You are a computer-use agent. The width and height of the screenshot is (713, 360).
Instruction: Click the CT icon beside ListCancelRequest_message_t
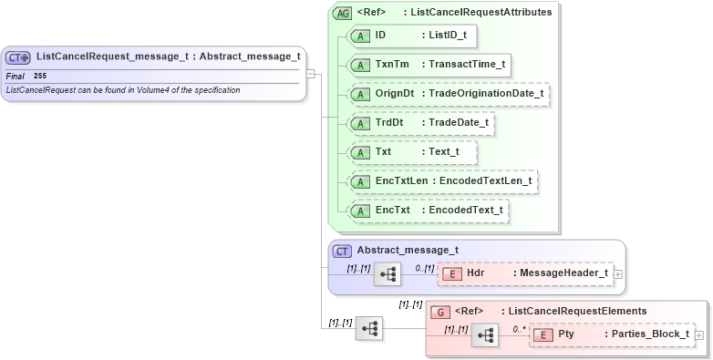[x=19, y=57]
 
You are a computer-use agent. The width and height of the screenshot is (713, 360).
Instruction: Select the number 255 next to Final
[x=40, y=76]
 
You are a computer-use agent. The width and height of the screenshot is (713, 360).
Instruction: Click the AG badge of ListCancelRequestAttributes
[x=343, y=13]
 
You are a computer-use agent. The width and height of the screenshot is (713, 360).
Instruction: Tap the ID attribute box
[x=413, y=36]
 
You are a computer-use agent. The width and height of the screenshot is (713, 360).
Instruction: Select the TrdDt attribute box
[x=421, y=123]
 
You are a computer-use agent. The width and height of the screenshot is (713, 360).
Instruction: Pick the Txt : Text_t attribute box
[x=412, y=152]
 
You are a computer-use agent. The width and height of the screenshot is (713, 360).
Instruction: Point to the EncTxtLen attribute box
[x=443, y=181]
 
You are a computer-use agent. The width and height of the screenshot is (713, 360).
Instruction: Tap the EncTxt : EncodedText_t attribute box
[x=428, y=211]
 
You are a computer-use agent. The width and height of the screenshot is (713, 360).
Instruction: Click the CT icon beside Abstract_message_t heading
[x=343, y=251]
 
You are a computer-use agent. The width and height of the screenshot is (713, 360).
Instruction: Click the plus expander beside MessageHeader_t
[x=618, y=273]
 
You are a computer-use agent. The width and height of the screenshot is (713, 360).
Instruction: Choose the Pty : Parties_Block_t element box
[x=611, y=334]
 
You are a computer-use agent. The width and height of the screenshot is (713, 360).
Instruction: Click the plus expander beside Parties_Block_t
[x=699, y=335]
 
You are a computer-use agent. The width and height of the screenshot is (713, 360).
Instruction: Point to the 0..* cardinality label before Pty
[x=519, y=329]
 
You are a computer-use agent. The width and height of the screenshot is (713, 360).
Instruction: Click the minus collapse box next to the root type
[x=311, y=75]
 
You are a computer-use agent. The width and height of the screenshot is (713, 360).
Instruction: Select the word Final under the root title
[x=15, y=76]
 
